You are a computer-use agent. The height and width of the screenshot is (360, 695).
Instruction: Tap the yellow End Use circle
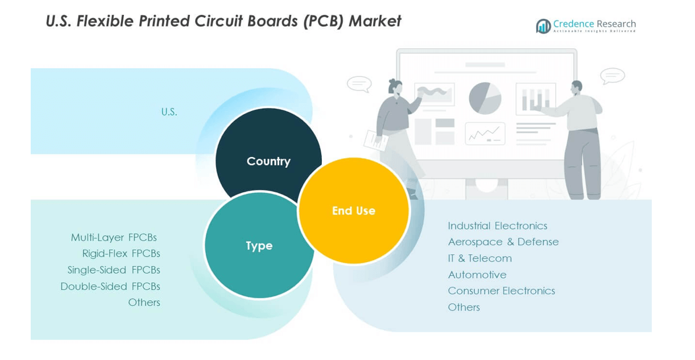coord(353,210)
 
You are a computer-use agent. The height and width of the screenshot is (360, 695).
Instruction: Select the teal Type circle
coord(259,246)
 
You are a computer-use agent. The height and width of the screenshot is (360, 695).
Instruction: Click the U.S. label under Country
coord(169,112)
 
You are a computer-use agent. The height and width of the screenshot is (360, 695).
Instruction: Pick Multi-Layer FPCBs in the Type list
coord(114,237)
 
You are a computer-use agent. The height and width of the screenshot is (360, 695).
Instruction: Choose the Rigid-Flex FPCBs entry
coord(121,254)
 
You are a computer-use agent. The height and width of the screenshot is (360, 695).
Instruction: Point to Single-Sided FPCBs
coord(114,270)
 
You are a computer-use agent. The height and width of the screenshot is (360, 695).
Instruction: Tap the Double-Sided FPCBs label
coord(110,286)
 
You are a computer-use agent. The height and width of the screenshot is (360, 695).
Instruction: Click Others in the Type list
coord(144,303)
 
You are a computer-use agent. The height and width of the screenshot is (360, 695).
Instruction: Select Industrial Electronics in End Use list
coord(497,226)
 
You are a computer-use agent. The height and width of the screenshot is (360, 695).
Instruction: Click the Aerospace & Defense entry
coord(503,242)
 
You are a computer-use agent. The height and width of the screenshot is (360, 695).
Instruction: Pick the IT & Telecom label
coord(479,258)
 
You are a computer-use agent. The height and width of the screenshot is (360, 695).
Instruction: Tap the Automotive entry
coord(477,275)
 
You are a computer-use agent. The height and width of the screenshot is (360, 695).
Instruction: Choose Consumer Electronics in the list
coord(501,291)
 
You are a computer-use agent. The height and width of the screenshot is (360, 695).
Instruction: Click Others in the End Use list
coord(464,307)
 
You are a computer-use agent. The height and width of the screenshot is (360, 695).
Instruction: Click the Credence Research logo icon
coord(543,26)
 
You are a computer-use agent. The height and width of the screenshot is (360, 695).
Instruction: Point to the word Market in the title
coord(375,21)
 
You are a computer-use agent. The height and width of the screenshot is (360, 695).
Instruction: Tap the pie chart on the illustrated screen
coord(485,98)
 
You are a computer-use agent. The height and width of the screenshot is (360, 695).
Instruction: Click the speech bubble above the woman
coord(359,84)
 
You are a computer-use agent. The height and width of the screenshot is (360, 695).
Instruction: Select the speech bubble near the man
coord(612,76)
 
